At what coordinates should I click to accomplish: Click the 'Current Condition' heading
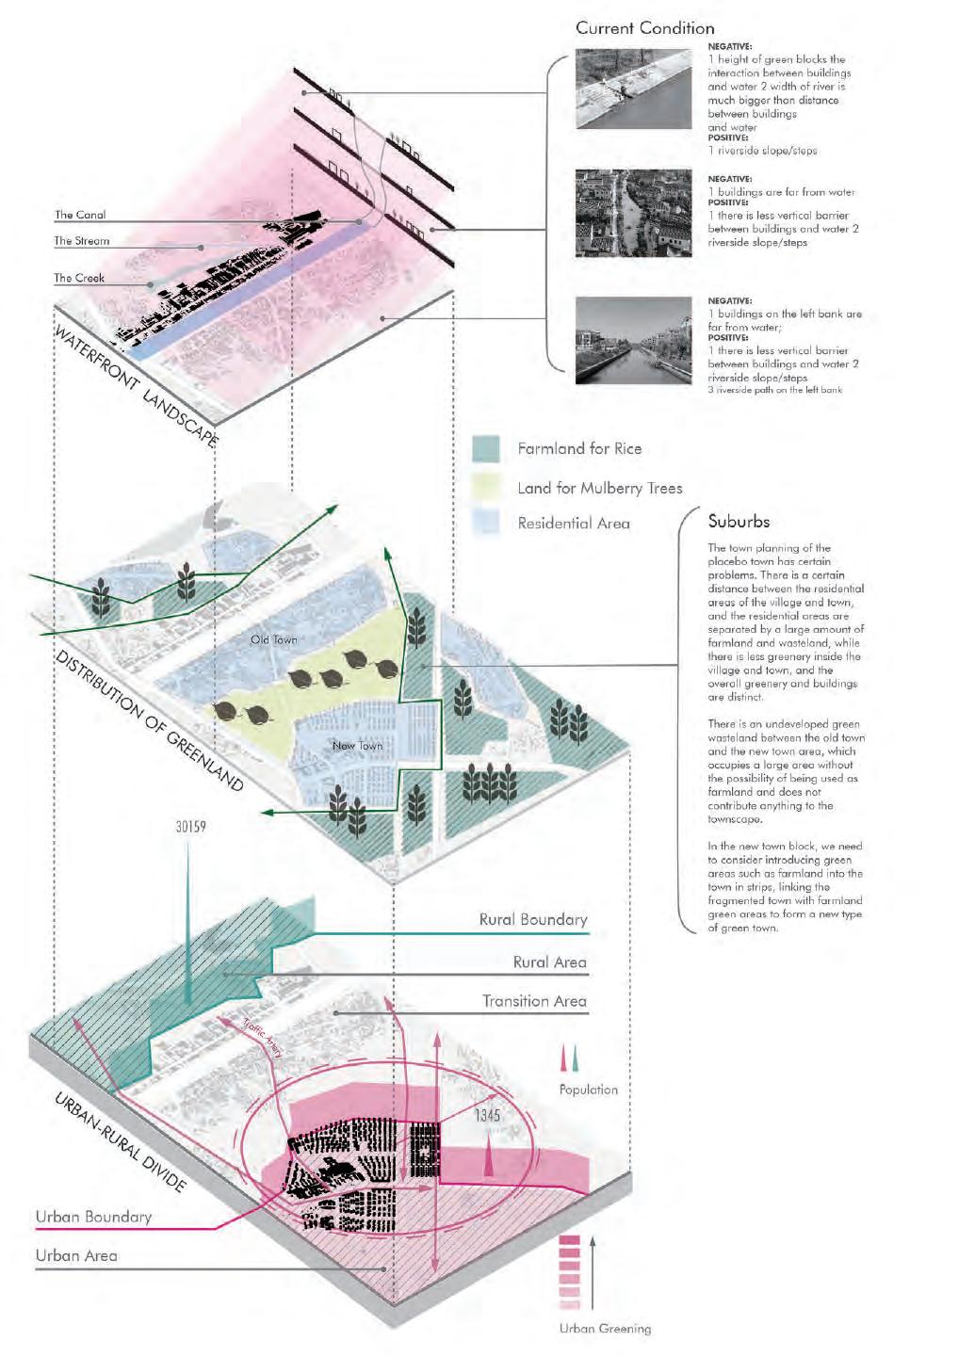tap(644, 28)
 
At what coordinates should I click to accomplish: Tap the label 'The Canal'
tap(80, 215)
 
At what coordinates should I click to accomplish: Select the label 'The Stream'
tap(81, 241)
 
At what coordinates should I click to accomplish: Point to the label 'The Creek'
tap(79, 278)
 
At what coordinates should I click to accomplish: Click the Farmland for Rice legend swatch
tap(485, 449)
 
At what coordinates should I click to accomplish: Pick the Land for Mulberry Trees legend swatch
tap(485, 486)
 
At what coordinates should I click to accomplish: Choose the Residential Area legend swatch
tap(485, 522)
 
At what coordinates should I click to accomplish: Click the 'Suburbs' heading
tap(739, 522)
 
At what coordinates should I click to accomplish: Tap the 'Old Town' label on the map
tap(273, 640)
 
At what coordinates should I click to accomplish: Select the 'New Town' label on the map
tap(357, 746)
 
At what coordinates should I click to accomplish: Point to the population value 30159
tap(190, 827)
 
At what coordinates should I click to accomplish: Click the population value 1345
tap(487, 1116)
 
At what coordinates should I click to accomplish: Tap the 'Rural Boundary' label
tap(532, 919)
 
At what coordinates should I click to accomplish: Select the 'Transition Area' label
tap(534, 1001)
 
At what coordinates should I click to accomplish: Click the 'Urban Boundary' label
tap(93, 1217)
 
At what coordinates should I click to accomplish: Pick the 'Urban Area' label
tap(76, 1255)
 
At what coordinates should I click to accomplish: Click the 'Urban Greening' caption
tap(605, 1329)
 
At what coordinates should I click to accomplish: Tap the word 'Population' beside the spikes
tap(588, 1090)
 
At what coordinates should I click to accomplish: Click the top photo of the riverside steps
tap(633, 89)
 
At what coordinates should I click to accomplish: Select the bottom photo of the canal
tap(633, 341)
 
